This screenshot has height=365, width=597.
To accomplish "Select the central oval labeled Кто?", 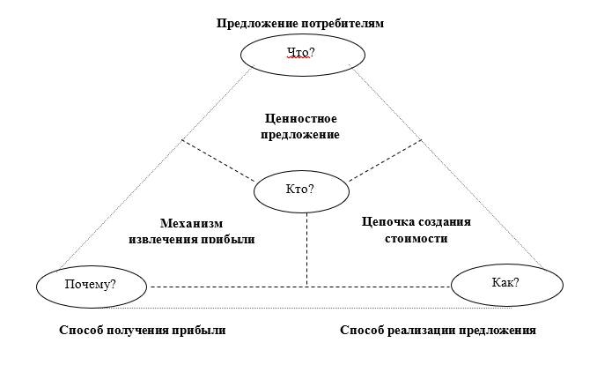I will point(300,189).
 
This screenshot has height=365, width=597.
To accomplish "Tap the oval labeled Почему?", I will point(92,285).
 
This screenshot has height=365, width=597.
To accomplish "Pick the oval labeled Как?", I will point(505,283).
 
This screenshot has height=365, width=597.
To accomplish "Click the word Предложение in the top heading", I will point(252,23).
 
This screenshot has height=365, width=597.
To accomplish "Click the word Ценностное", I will point(301,117).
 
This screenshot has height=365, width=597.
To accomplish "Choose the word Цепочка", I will point(387,221).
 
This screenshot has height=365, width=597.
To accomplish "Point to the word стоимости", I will point(416,238).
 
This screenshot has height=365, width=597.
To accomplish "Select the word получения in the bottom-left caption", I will point(141,331).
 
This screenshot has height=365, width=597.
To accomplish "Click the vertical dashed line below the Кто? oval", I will point(306,247).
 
